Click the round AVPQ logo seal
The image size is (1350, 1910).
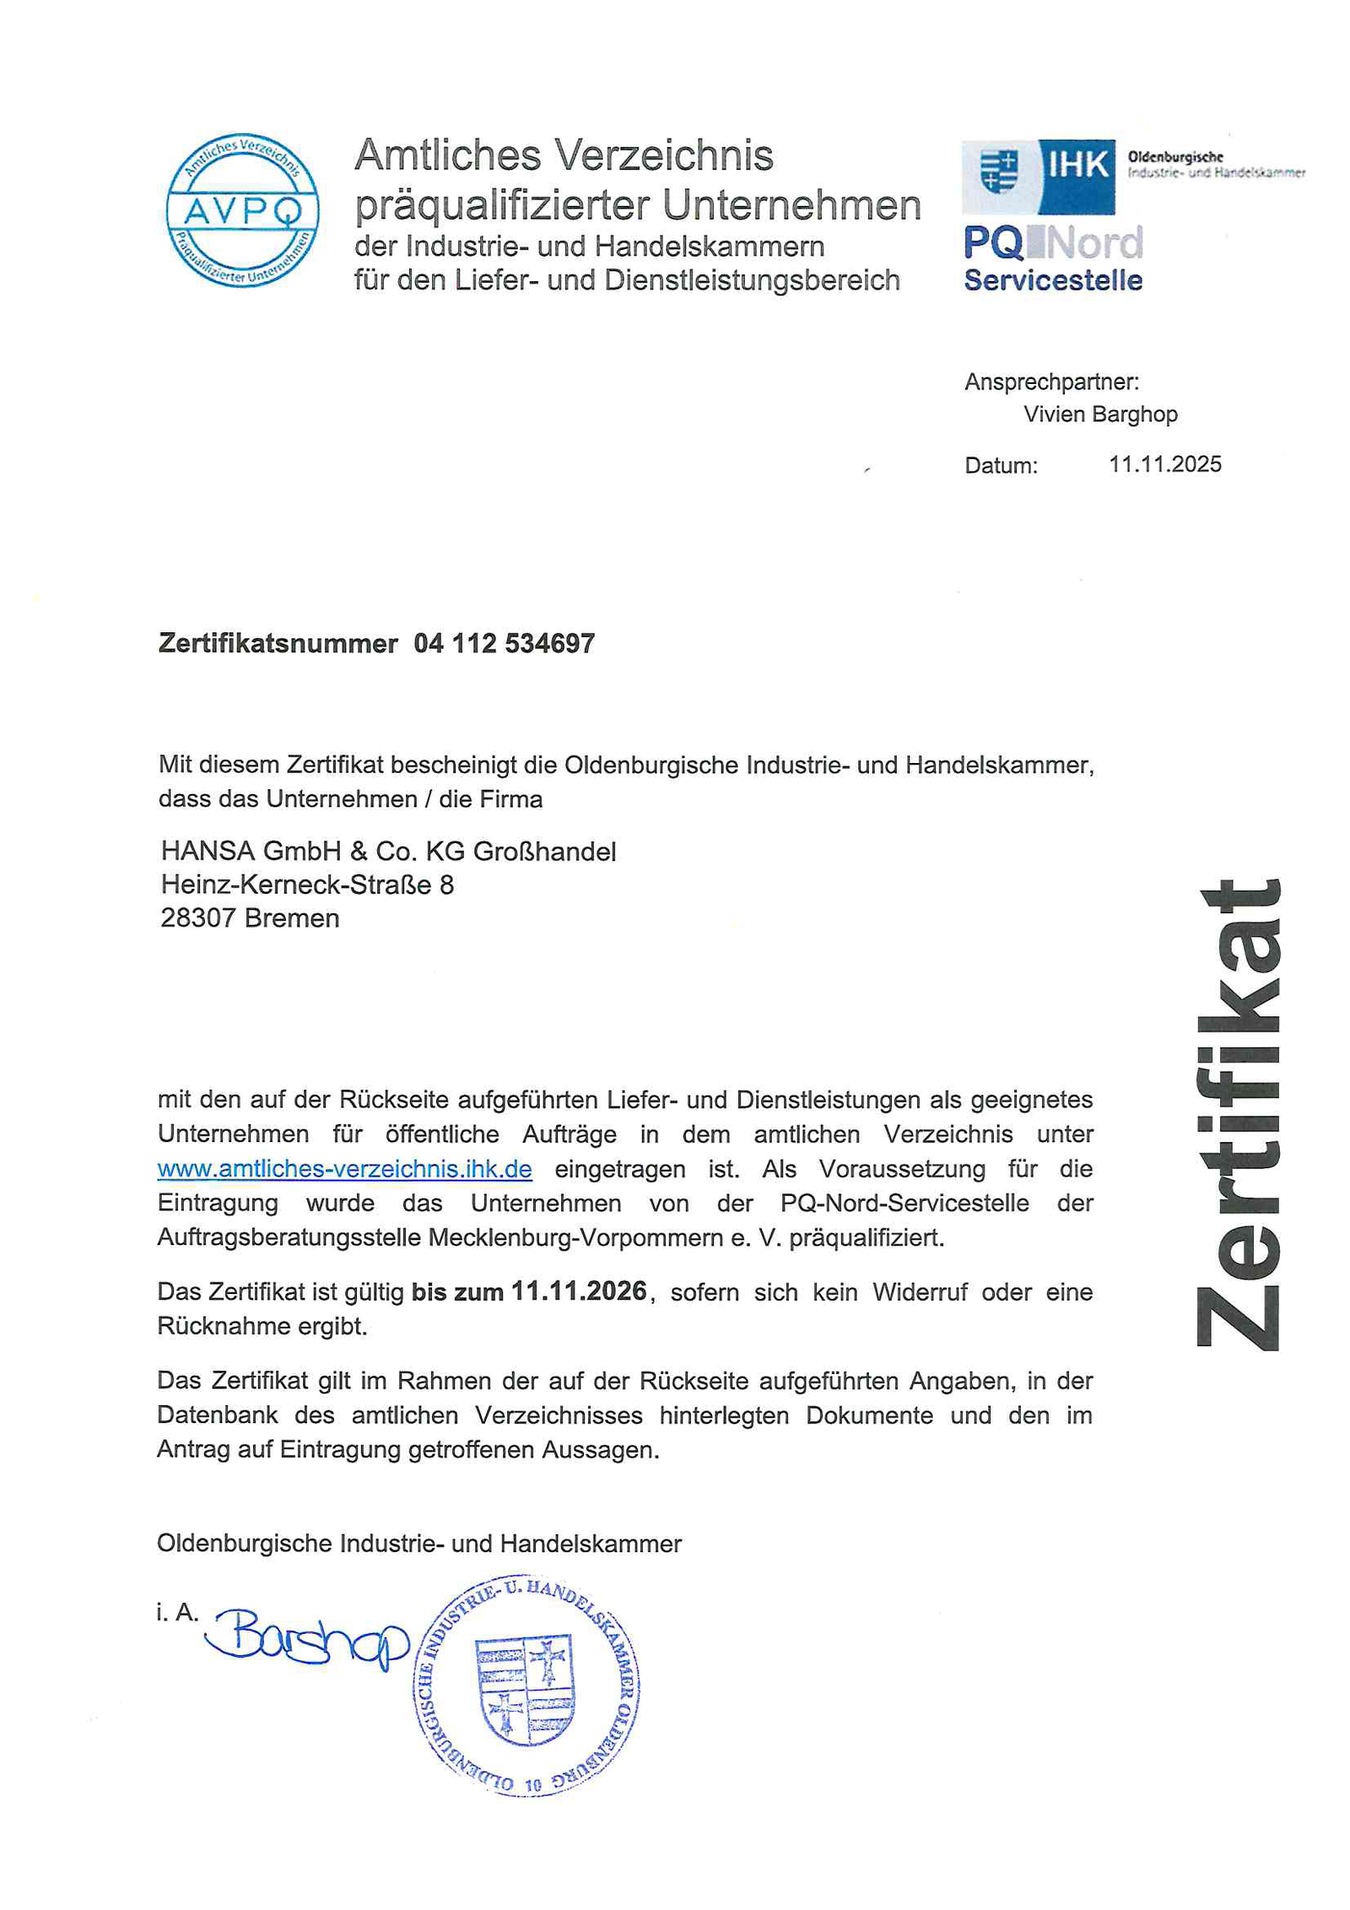(x=242, y=209)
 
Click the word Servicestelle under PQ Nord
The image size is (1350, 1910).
(x=1052, y=280)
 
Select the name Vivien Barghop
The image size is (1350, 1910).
(x=1099, y=414)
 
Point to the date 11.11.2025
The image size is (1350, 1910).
(x=1164, y=464)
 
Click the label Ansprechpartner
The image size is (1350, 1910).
(x=1051, y=382)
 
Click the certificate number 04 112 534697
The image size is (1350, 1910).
(x=504, y=644)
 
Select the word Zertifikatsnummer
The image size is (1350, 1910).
(x=278, y=644)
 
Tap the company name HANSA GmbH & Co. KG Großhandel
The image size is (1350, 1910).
(x=388, y=851)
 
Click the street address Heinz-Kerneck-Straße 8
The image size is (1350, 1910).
(x=307, y=885)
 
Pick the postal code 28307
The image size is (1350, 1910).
(x=197, y=918)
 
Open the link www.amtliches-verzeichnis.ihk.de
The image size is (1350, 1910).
(x=344, y=1169)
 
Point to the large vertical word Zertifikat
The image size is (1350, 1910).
(x=1238, y=1114)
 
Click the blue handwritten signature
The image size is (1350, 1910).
(x=308, y=1637)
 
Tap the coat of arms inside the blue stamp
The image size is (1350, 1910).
(x=525, y=1691)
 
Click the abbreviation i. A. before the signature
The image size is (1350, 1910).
(x=177, y=1612)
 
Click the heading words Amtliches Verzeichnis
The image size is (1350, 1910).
(x=564, y=155)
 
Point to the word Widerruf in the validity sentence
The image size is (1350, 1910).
(x=920, y=1292)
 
